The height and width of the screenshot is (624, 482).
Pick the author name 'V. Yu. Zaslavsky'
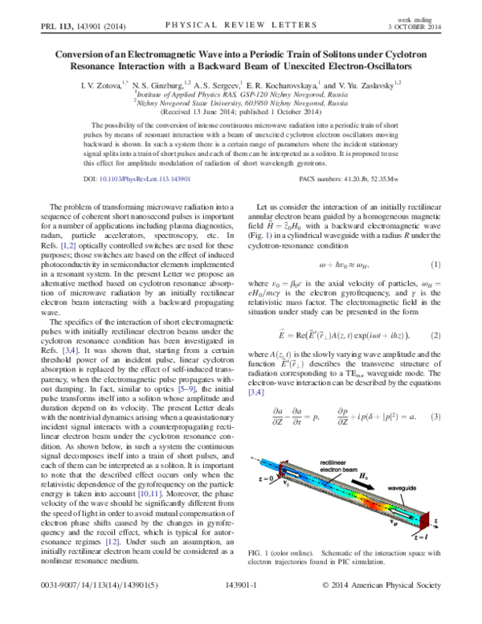coord(357,83)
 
